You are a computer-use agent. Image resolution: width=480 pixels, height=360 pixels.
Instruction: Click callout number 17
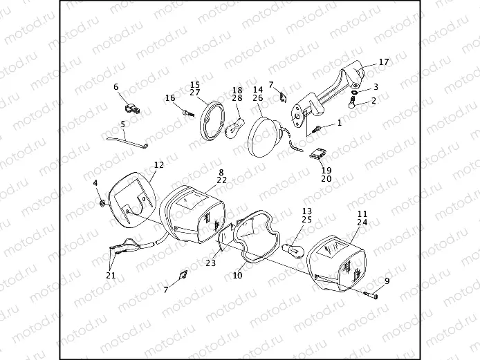coord(384,62)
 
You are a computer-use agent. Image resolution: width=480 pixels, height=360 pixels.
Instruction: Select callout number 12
coord(158,165)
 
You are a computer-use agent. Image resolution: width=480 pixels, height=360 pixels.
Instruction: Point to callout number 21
coord(111,275)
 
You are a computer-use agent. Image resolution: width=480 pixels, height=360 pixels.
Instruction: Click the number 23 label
coord(211,263)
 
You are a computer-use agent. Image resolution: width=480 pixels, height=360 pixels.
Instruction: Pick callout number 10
coord(237,275)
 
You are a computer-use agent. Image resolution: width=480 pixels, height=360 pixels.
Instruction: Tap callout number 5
coord(123,125)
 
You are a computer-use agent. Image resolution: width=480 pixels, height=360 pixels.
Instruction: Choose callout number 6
coord(116,87)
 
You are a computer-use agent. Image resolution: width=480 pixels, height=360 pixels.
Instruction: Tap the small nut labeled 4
coord(102,203)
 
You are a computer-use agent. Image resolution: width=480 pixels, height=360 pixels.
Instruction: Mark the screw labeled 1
coord(318,128)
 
